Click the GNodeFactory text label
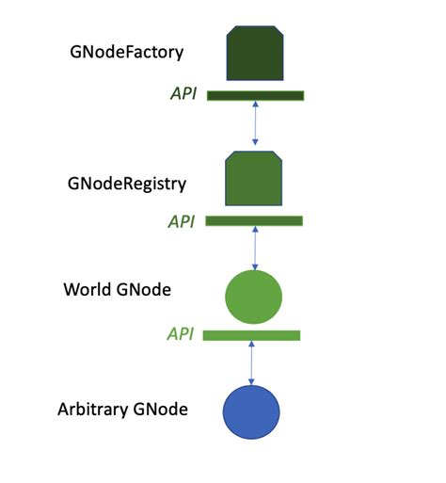[125, 52]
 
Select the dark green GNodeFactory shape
[255, 54]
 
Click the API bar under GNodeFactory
[255, 95]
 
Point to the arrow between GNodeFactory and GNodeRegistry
[255, 122]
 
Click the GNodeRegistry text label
[127, 184]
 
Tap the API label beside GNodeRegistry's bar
[181, 221]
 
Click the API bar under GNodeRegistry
[254, 221]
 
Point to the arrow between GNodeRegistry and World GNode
[254, 248]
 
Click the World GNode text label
[117, 290]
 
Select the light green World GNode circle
[254, 297]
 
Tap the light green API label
[180, 334]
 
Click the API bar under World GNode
[251, 335]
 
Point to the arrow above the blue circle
[251, 362]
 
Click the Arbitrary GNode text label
[122, 410]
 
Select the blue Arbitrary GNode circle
[251, 412]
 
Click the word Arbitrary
[93, 410]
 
